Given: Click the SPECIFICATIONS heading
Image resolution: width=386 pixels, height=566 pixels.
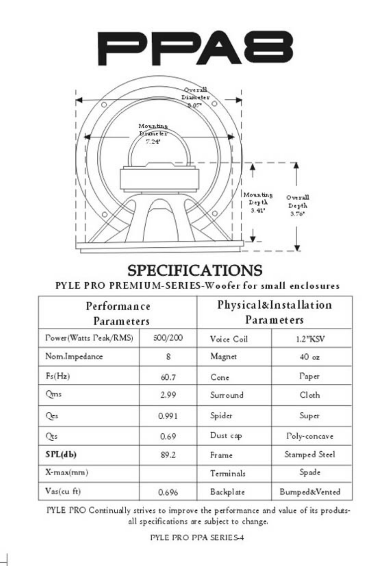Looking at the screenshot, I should coord(195,271).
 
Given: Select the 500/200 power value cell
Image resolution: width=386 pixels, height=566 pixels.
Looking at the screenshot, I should coord(168,338).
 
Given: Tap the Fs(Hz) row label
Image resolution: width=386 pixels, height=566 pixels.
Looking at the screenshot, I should coord(58,376).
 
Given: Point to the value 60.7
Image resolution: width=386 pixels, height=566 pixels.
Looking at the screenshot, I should coord(168,377).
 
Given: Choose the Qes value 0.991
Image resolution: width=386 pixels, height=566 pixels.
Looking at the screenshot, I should coord(168,416).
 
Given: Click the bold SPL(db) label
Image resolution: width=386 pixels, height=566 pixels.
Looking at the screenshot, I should coord(61,454).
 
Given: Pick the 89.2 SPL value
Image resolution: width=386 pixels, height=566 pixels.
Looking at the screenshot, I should coord(168,455).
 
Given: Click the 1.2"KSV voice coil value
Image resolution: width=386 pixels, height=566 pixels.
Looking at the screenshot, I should coord(310,339).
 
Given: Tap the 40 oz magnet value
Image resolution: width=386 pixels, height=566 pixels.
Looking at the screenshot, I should coord(310,357).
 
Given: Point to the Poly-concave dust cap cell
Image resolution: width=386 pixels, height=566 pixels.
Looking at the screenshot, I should coord(310,436).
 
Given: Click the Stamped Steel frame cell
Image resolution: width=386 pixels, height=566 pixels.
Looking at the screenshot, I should coord(310,454).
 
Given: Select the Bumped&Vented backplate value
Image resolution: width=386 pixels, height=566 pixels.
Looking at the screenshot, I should coord(310,492).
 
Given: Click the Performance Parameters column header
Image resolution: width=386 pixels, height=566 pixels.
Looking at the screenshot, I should coord(118,313).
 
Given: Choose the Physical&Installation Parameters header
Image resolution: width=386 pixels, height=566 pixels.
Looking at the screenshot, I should coord(274,312).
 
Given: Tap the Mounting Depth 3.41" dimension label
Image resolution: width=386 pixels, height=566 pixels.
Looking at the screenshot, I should coord(258,203).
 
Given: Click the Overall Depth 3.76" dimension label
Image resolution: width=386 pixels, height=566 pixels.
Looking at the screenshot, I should coord(297,205).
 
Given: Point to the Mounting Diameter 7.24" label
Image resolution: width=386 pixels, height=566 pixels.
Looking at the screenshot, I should coord(153,133).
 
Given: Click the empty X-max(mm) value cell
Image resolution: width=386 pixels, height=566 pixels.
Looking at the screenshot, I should coord(168,473).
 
